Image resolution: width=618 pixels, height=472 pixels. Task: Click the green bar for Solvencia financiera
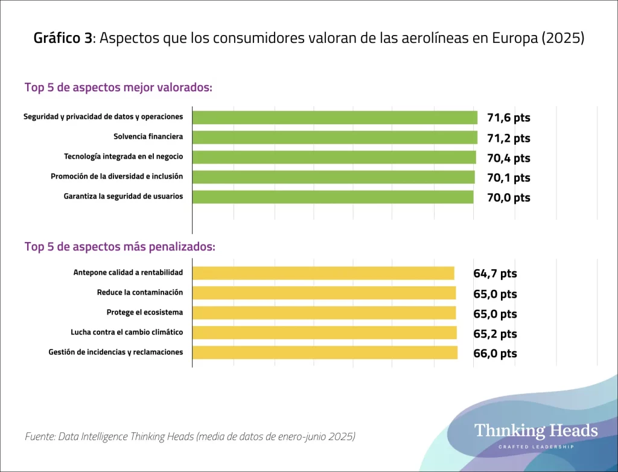coord(334,137)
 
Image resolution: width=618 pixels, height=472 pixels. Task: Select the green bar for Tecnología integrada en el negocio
coord(334,157)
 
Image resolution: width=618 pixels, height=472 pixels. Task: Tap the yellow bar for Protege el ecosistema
coord(323,313)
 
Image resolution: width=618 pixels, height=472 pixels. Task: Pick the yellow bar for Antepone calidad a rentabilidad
coord(323,273)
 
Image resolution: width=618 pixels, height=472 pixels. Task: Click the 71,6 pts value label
coord(509,118)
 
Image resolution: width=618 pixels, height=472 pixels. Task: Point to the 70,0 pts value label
coord(509,197)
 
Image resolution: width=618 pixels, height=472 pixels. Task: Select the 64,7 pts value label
coord(495,273)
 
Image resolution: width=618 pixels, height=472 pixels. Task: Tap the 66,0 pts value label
coord(495,353)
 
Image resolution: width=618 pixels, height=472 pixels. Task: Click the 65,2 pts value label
coord(495,333)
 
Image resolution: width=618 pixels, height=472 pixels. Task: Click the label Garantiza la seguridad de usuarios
coord(123,196)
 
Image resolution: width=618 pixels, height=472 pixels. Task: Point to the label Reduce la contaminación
coord(139,292)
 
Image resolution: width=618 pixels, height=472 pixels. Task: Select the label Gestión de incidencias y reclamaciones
coord(115,352)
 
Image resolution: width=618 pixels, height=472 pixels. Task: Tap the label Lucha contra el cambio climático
coord(127,332)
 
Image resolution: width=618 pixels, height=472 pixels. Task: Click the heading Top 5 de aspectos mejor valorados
coord(118,87)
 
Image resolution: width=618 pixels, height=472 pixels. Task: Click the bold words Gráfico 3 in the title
coord(63,39)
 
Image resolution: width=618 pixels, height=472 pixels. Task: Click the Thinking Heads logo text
coord(536,431)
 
